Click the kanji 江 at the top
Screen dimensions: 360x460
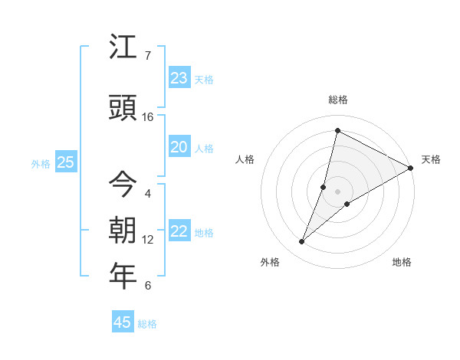point(123,47)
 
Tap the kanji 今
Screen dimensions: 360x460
point(123,185)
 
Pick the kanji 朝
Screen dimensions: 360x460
point(123,231)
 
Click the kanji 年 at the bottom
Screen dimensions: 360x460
point(123,277)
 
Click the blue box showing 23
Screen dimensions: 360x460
point(179,78)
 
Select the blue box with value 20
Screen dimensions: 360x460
point(179,147)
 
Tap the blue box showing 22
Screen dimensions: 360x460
point(179,231)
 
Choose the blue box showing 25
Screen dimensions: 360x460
point(65,162)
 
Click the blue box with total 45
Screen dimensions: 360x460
point(123,322)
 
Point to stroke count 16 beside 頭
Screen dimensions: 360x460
point(148,117)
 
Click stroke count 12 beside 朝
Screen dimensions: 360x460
point(148,240)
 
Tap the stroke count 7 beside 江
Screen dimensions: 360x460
point(148,56)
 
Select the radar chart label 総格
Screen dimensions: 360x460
point(337,100)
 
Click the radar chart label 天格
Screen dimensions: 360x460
point(431,159)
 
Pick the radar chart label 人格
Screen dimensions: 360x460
point(245,159)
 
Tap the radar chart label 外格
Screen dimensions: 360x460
point(270,262)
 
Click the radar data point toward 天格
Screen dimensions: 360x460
point(411,168)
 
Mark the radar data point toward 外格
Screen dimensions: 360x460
point(301,242)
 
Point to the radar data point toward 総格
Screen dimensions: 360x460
point(337,131)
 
